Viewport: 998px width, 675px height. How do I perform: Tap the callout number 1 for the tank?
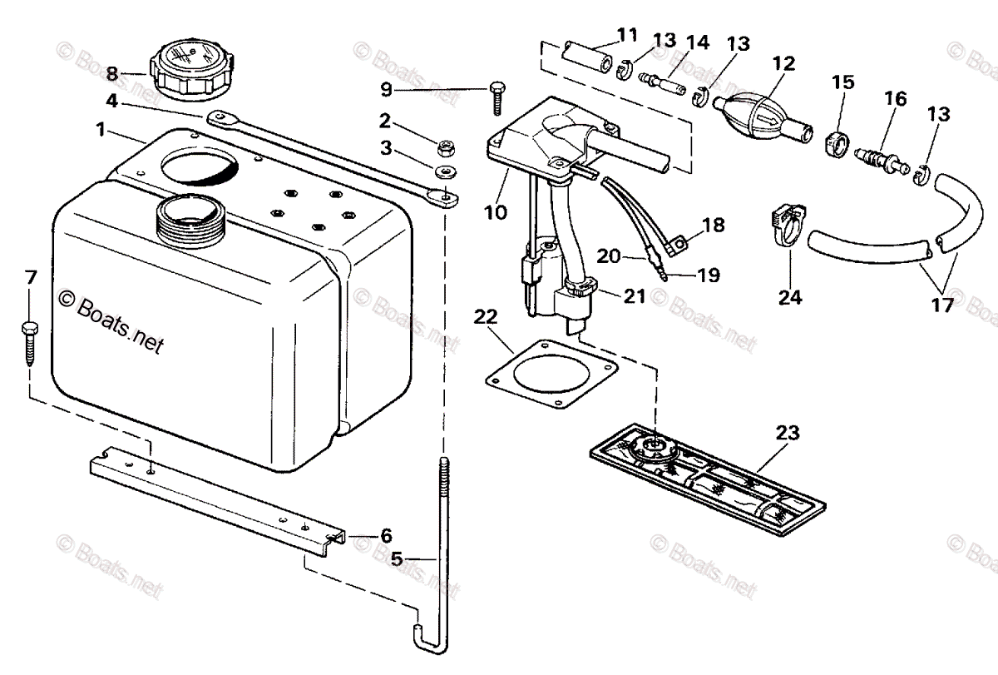click(x=101, y=131)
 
